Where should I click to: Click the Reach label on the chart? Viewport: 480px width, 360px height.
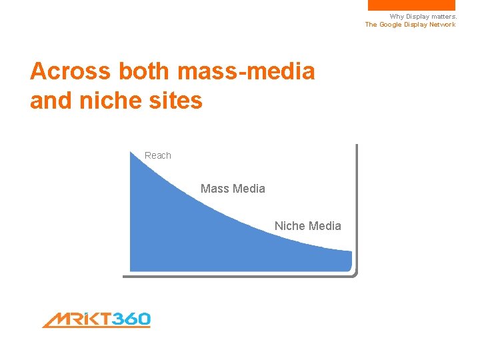[x=158, y=155]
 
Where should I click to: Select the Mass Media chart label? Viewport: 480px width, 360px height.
[x=233, y=189]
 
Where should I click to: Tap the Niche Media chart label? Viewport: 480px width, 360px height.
[x=307, y=226]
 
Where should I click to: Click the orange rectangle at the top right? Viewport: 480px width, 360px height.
[x=411, y=5]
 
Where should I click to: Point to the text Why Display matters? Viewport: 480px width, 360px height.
[x=423, y=17]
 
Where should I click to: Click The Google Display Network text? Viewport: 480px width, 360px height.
[x=410, y=25]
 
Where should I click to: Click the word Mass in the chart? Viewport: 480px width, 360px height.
[x=214, y=189]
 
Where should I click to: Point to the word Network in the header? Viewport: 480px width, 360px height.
[x=441, y=25]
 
